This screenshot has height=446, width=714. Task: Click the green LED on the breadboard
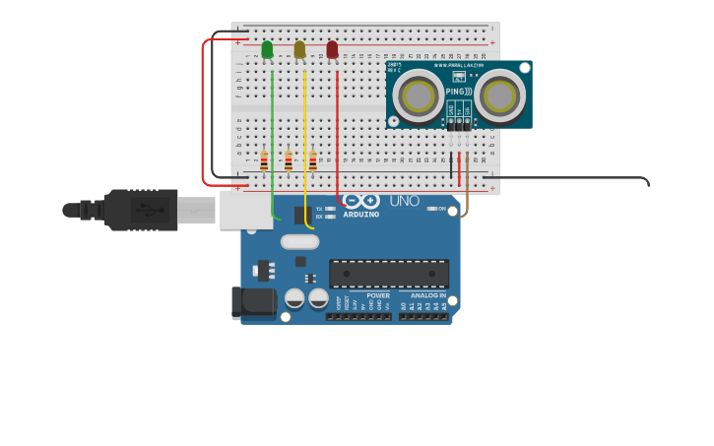click(267, 49)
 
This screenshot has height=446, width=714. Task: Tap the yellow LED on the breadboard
click(299, 49)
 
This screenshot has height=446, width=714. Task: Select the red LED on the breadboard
click(332, 49)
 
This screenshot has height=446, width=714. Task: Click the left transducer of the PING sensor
click(419, 96)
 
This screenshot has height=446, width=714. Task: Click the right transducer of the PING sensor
click(498, 96)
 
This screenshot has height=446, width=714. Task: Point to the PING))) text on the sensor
click(458, 92)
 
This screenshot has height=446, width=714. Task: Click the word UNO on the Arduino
click(404, 201)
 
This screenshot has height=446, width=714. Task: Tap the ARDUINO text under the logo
click(360, 215)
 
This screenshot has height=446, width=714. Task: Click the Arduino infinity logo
click(360, 201)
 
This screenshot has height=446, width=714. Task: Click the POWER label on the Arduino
click(378, 295)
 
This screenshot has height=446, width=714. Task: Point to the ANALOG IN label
click(428, 295)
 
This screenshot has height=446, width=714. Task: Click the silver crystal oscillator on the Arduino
click(299, 241)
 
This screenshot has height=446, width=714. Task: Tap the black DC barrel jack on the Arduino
click(252, 303)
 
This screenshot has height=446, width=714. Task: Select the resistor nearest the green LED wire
click(264, 160)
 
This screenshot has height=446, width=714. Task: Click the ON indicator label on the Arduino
click(442, 208)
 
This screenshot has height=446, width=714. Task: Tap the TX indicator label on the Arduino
click(319, 209)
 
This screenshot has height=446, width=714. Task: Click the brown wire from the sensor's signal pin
click(467, 182)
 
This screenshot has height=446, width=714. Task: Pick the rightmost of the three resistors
click(313, 160)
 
